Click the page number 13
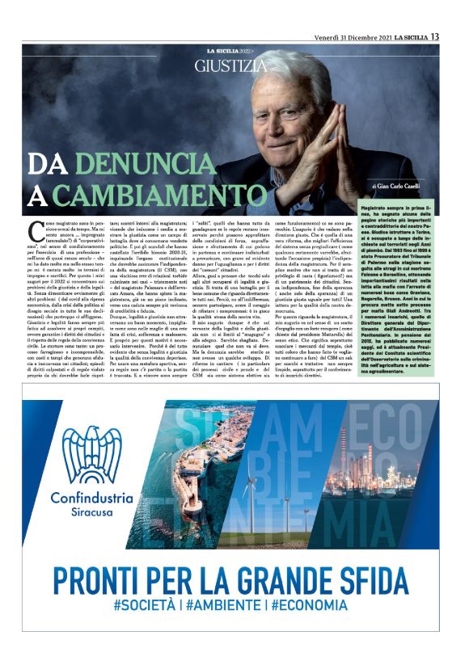[x=435, y=36]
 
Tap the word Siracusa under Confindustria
[x=92, y=512]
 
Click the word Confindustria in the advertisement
[x=92, y=497]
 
